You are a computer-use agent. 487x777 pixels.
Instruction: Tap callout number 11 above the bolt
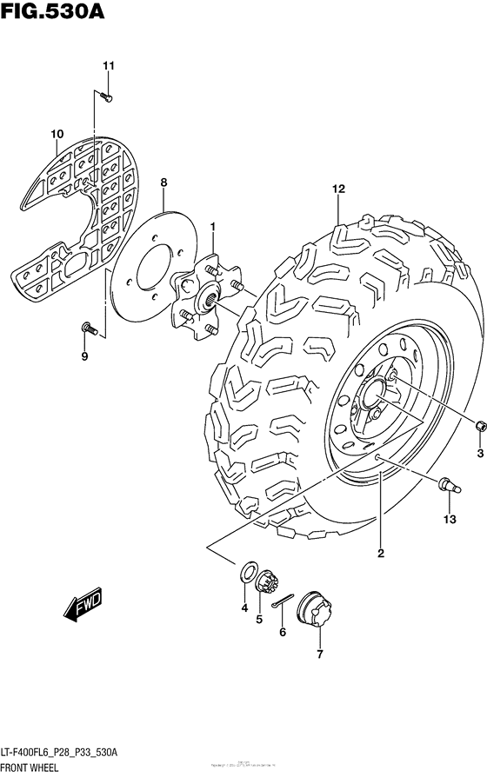(108, 66)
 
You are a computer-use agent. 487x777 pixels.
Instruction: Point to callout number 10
(57, 134)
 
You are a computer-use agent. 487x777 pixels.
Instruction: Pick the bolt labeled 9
(89, 329)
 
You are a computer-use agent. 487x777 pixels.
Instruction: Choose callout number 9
(85, 356)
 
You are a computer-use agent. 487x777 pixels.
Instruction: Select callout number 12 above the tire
(338, 189)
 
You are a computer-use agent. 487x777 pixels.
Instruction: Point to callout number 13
(449, 520)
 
